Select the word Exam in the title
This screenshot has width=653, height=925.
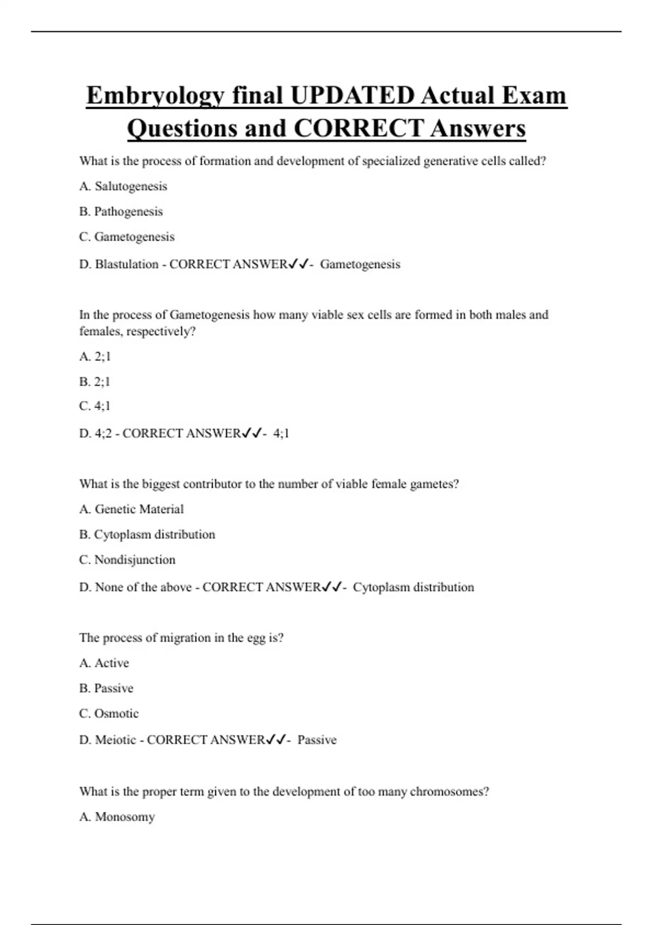[x=534, y=96]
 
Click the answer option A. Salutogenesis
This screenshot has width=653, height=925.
[x=123, y=186]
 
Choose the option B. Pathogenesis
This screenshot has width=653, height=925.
[x=121, y=211]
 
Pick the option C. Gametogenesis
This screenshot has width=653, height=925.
[x=127, y=237]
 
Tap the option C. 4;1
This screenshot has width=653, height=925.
[x=95, y=406]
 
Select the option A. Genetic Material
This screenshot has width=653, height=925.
[x=131, y=509]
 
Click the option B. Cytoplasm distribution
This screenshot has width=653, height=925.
[x=147, y=534]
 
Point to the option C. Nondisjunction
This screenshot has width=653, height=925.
[x=127, y=560]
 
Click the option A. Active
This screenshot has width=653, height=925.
[x=104, y=663]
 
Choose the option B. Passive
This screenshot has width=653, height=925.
[x=106, y=688]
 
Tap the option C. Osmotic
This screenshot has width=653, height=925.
[x=109, y=713]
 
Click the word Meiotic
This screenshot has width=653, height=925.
[x=115, y=740]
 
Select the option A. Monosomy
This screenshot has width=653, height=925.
[x=117, y=817]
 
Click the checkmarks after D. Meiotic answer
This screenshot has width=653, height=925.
[x=276, y=739]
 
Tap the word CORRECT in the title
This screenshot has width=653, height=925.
[x=359, y=129]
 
